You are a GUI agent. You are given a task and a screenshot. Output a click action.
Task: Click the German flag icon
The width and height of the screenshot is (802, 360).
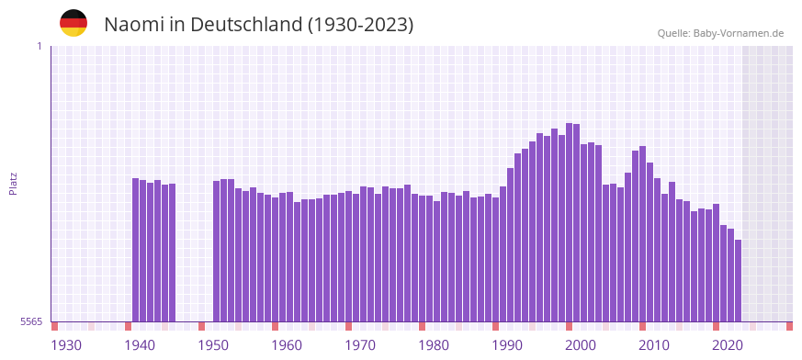(73, 23)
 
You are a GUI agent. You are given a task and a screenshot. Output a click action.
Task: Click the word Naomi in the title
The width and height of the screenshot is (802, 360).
(133, 25)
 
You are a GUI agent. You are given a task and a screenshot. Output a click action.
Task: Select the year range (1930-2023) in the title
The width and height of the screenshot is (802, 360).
(361, 25)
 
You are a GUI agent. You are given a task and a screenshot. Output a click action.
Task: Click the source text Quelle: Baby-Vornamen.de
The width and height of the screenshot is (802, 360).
(720, 33)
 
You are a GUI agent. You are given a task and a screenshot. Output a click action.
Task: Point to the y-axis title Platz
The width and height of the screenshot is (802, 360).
(13, 183)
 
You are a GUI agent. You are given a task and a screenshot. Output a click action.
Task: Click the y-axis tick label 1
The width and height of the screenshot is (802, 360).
(39, 46)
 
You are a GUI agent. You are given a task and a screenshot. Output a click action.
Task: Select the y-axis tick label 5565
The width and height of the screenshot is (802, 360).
(31, 321)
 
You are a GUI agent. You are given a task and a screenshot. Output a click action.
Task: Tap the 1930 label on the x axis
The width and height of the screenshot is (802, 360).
(66, 345)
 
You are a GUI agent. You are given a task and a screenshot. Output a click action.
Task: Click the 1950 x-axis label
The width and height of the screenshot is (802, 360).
(213, 345)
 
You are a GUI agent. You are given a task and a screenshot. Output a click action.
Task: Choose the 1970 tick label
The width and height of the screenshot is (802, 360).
(360, 345)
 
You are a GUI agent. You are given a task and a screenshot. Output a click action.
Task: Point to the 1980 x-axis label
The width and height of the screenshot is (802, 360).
(434, 345)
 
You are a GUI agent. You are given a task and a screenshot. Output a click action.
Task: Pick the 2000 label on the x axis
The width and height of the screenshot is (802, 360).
(581, 345)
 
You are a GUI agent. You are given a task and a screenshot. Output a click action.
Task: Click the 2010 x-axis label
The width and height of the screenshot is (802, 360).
(654, 345)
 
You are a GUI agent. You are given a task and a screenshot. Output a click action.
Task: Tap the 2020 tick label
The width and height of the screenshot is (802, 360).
(728, 345)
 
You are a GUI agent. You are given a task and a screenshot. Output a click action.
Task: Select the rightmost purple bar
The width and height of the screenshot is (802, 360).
(738, 280)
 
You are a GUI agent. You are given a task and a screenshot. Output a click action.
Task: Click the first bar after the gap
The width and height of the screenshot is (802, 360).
(217, 251)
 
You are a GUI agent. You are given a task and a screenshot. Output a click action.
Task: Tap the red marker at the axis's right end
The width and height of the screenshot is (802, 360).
(789, 326)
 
